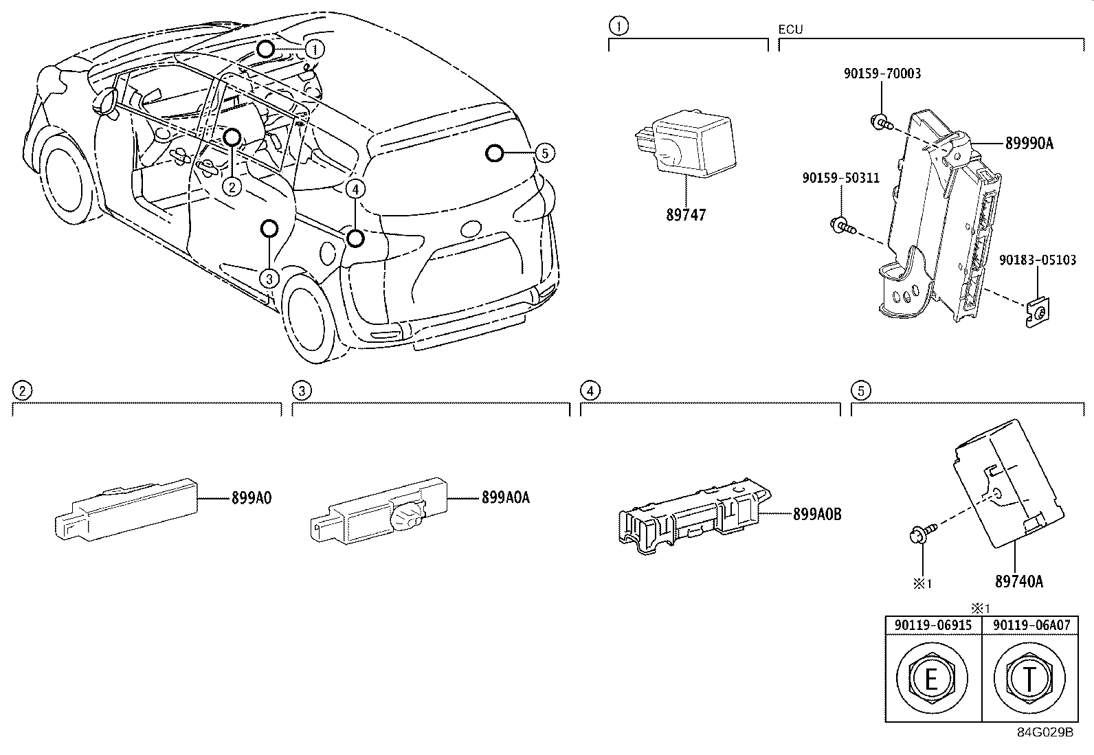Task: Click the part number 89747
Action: (685, 215)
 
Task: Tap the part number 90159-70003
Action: (882, 74)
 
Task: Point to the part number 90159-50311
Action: (840, 179)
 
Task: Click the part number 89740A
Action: (1018, 582)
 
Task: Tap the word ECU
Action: (790, 30)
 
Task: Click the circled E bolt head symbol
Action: (931, 679)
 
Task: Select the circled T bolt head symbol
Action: (1029, 679)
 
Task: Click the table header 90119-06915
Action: (933, 625)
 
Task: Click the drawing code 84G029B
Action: (1045, 732)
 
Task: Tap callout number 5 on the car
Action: (544, 153)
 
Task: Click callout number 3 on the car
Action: (269, 278)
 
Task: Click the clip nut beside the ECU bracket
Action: (1036, 313)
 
